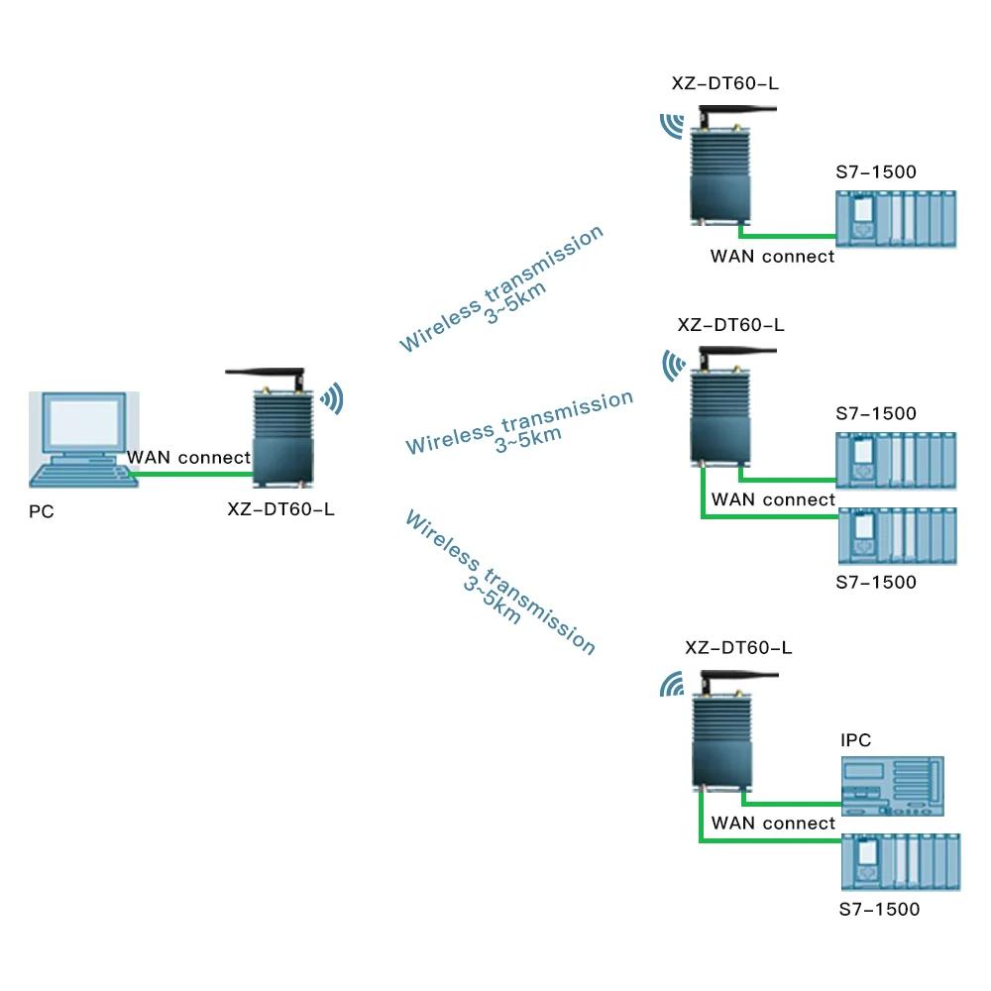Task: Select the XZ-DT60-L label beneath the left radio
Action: tap(280, 510)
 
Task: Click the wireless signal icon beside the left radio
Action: tap(331, 398)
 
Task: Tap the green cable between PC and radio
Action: tap(188, 474)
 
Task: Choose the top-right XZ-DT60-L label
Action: tap(724, 83)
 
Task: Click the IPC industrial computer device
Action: tap(891, 787)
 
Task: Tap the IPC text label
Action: tap(855, 740)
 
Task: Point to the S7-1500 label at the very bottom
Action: tap(878, 909)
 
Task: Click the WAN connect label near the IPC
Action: tap(773, 824)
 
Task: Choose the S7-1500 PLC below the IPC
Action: tap(900, 861)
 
